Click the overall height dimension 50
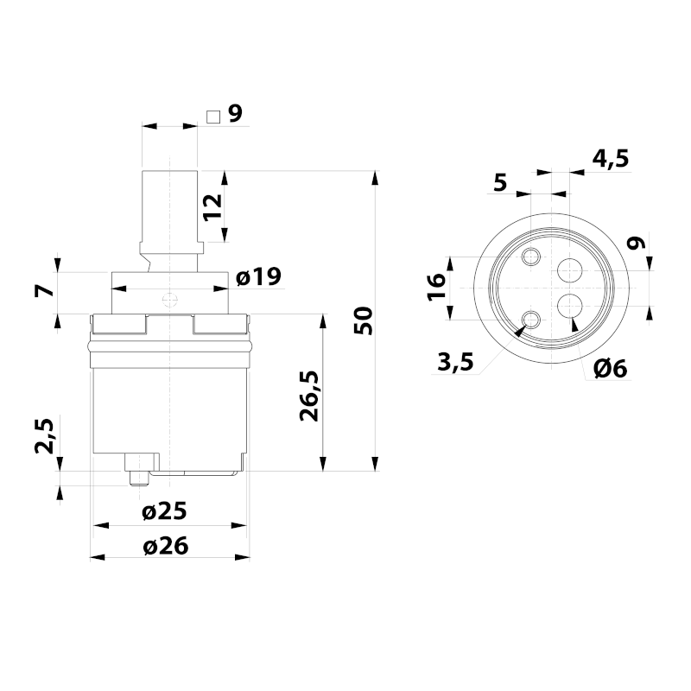pos(364,320)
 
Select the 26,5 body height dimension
pos(309,396)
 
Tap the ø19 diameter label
pos(258,276)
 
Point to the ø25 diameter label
pos(164,511)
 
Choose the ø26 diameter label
pos(165,546)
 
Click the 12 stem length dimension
pos(212,206)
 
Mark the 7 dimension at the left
pos(44,291)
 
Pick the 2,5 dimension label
pos(44,436)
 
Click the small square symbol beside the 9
pos(213,117)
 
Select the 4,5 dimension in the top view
pos(611,159)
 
